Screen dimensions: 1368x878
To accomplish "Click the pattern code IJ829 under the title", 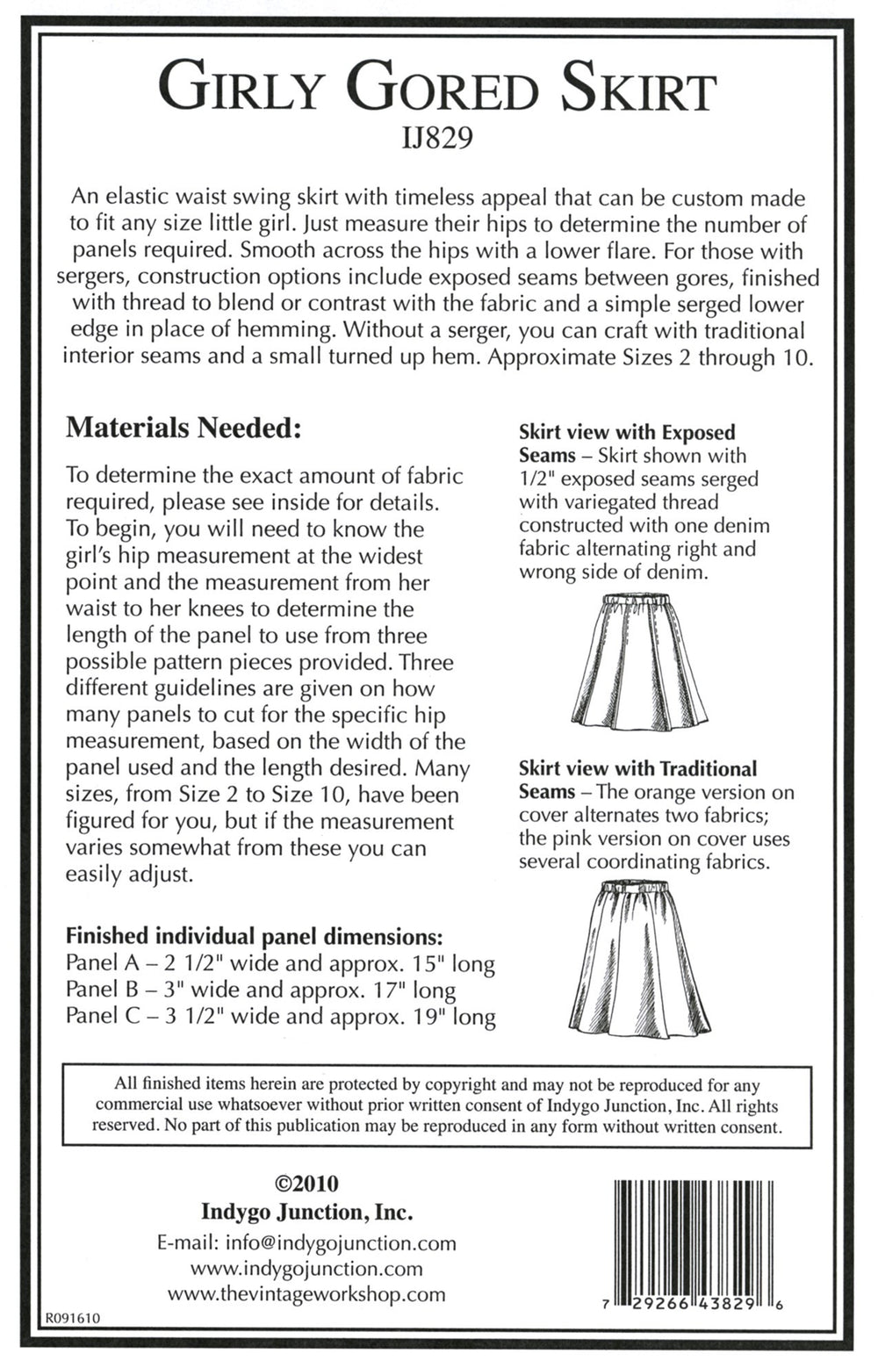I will click(x=436, y=138).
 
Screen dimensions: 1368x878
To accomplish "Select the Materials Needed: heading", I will click(x=184, y=428).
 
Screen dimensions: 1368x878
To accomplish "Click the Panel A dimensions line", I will click(x=280, y=963).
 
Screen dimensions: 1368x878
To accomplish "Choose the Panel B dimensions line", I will click(x=261, y=990).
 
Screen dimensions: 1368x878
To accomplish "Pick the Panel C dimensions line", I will click(x=280, y=1018).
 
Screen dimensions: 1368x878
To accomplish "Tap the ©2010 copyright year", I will click(x=306, y=1184).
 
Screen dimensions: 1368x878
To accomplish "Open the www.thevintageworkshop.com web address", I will click(x=306, y=1294).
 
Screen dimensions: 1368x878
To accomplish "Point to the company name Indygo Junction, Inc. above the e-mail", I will click(x=306, y=1213).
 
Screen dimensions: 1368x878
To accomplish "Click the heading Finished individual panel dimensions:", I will click(x=255, y=936).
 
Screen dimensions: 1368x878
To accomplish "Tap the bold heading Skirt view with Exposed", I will click(x=627, y=432).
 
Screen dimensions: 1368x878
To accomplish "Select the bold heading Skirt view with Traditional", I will click(x=637, y=768).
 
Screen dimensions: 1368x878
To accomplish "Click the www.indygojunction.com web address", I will click(x=306, y=1269).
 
